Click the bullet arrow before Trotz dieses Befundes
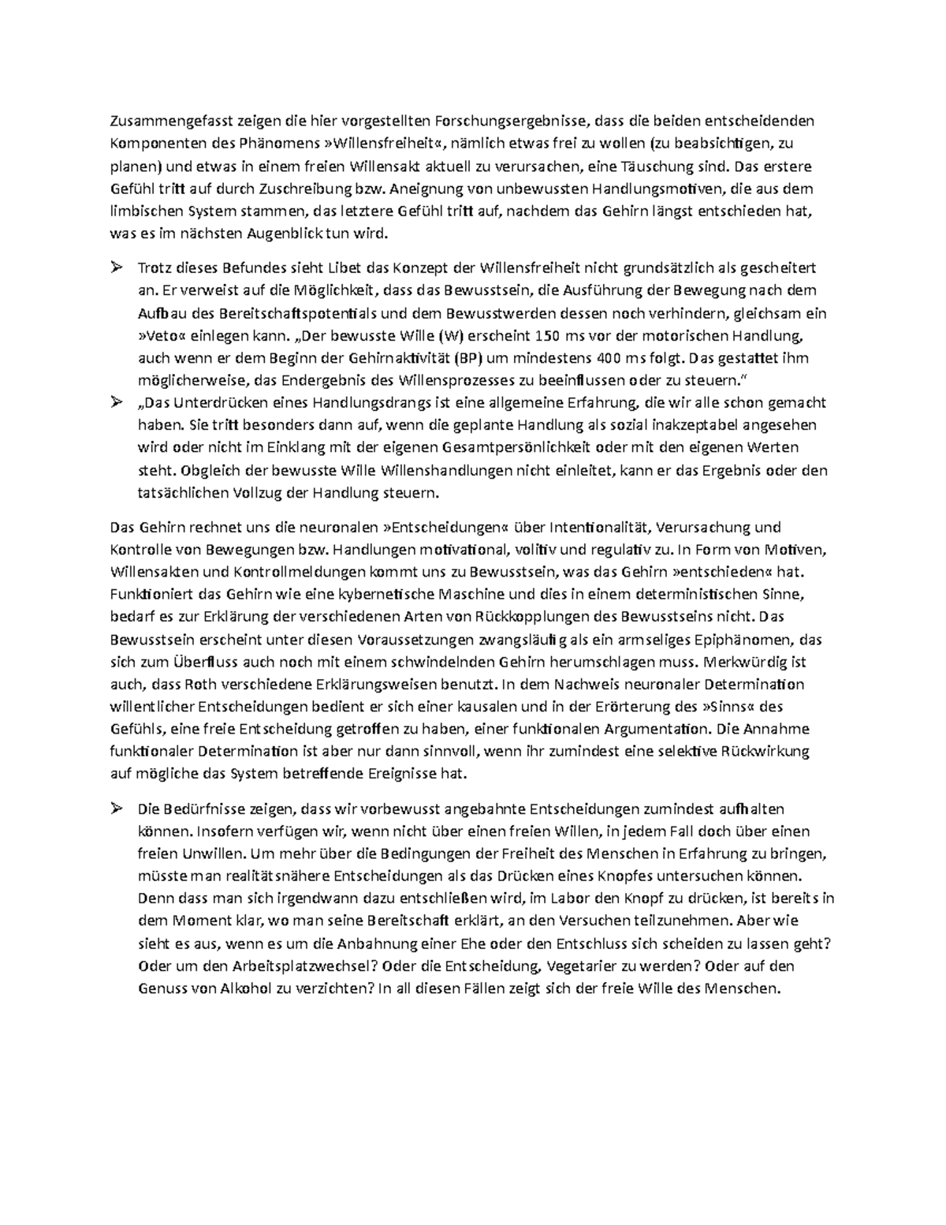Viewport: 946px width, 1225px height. coord(117,268)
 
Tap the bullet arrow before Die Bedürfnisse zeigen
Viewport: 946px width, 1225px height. coord(117,809)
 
